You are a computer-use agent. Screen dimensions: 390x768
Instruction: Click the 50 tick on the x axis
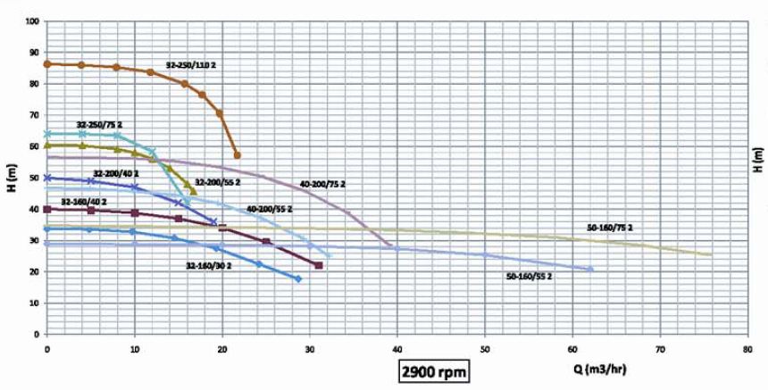(x=485, y=345)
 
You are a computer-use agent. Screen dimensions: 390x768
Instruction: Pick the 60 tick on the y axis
(x=35, y=146)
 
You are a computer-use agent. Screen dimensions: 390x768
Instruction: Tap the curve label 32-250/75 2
(x=100, y=125)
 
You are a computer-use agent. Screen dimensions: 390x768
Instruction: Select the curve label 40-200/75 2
(x=322, y=184)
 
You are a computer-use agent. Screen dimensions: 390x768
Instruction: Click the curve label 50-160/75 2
(x=610, y=227)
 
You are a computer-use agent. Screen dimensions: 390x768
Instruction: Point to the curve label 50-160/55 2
(x=530, y=278)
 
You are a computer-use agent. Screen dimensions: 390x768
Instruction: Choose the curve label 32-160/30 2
(x=208, y=266)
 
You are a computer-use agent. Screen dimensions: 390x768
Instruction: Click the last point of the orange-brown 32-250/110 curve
(x=237, y=155)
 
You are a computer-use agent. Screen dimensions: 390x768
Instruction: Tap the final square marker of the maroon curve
(x=319, y=265)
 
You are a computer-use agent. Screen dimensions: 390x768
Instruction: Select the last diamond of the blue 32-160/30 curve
(x=298, y=279)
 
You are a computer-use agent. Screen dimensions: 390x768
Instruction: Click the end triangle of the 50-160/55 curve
(x=589, y=269)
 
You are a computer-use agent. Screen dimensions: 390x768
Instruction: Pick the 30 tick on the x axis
(x=310, y=345)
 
